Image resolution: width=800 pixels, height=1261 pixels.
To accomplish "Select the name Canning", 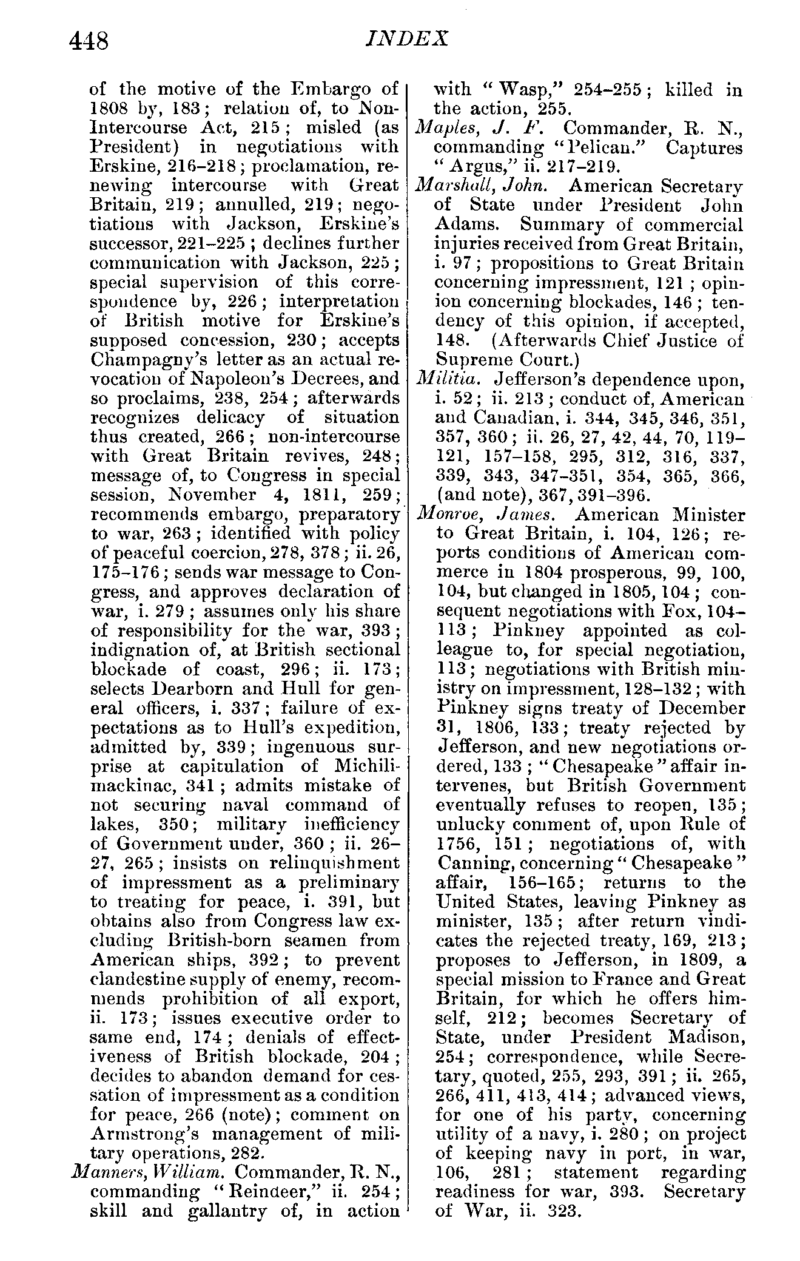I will click(472, 863).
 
